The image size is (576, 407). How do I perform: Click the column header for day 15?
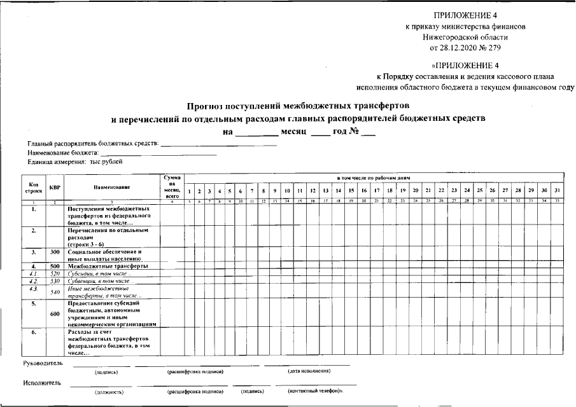pos(351,191)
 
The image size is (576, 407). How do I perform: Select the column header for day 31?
pos(556,191)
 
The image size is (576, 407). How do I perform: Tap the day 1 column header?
pos(189,191)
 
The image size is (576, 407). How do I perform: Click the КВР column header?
pos(55,187)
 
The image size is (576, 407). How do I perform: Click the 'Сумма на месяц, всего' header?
pos(172,186)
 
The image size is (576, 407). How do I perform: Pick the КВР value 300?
pos(55,252)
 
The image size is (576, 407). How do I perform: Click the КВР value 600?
pos(55,313)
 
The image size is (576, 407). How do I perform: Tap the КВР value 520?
pos(55,273)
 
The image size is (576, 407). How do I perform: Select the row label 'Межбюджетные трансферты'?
pos(108,266)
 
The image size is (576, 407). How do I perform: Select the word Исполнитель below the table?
pos(42,383)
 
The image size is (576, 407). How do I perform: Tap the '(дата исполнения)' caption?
pos(309,371)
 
